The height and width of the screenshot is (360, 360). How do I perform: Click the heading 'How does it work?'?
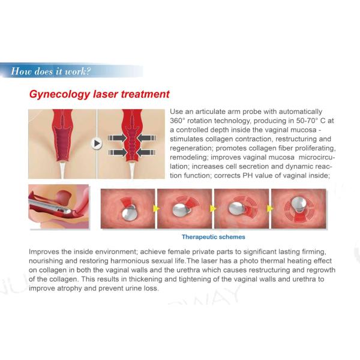[x=51, y=71]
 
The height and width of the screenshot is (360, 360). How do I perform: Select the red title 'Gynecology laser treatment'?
[x=100, y=95]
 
